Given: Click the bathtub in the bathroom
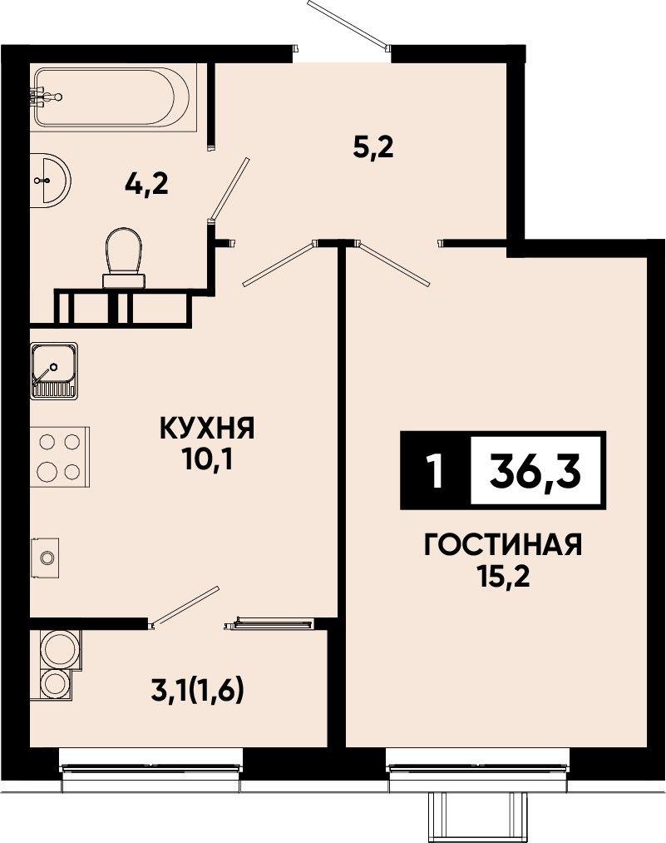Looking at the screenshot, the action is (113, 97).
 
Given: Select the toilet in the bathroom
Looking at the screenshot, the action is (125, 259).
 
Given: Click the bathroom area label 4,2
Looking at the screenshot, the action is (146, 186).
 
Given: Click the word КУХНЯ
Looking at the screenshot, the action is (207, 429).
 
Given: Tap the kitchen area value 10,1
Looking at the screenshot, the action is (207, 460).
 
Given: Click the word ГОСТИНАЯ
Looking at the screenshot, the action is (503, 546).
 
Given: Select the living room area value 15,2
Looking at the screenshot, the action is (503, 578).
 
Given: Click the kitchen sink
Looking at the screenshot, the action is (54, 371).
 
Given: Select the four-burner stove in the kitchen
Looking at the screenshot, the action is (60, 457).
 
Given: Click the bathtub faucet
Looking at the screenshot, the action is (46, 97).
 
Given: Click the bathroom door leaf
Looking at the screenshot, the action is (229, 189).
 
